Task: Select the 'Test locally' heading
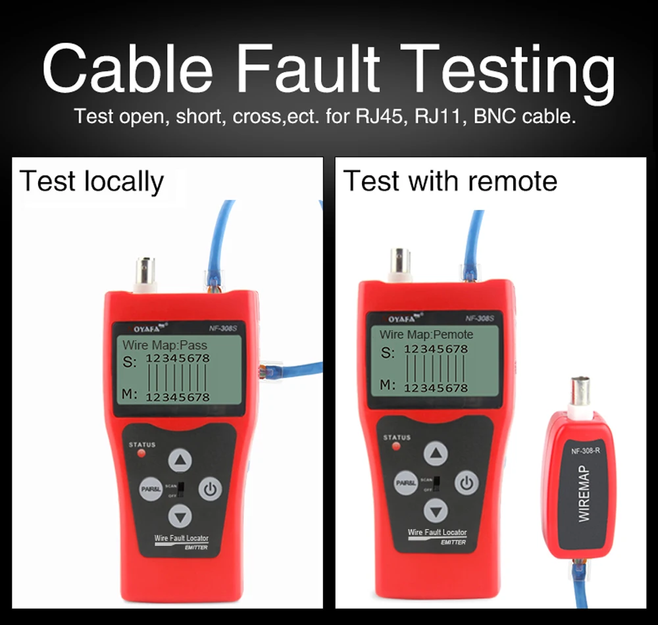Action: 91,182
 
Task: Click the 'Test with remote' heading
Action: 450,181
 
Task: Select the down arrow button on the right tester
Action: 435,509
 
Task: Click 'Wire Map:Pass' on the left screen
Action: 165,345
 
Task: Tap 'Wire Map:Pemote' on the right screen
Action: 426,335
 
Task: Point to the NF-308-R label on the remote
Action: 584,451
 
